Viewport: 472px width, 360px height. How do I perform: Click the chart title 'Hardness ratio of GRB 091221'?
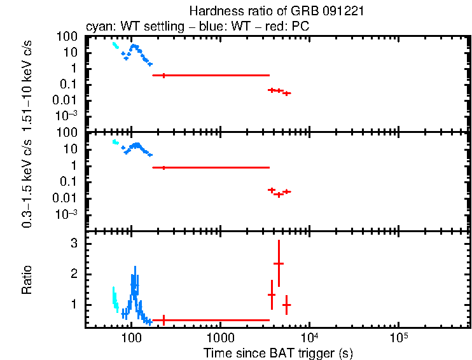pos(277,11)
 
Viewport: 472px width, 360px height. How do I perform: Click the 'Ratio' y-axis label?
pos(27,280)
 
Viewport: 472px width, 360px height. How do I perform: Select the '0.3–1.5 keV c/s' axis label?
pos(27,185)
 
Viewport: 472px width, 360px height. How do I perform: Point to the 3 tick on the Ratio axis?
pos(74,244)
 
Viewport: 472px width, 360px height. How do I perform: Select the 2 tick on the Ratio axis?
pos(74,274)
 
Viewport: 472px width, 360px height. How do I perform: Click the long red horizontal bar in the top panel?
pos(211,75)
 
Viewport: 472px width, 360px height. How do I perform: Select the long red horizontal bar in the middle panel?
pos(211,167)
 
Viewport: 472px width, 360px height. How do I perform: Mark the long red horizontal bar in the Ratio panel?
pos(211,320)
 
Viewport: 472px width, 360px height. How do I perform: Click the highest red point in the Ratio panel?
pos(278,263)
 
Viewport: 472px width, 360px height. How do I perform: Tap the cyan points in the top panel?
pos(115,45)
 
